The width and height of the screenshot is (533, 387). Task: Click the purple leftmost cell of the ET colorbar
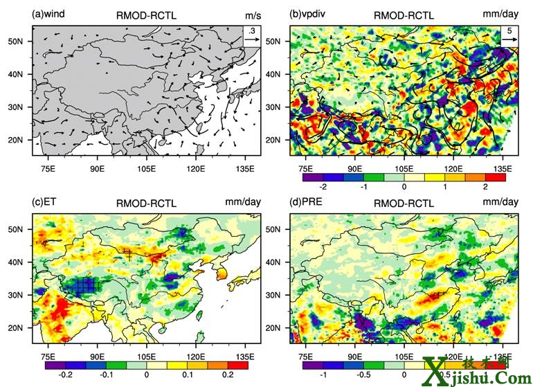55,364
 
